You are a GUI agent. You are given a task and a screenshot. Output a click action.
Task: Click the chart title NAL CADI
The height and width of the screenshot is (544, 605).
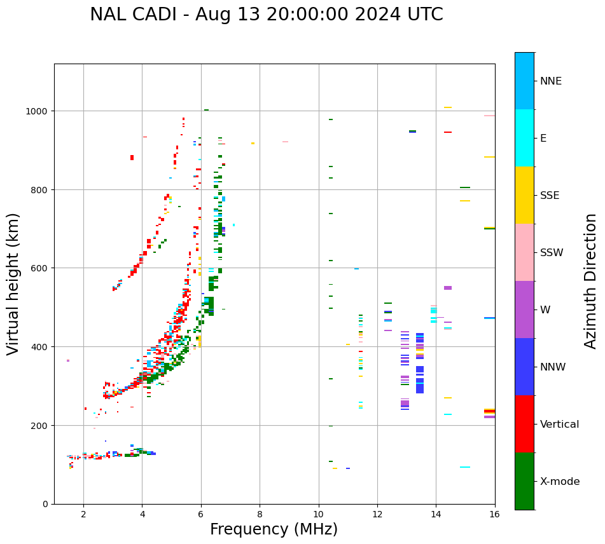(x=266, y=15)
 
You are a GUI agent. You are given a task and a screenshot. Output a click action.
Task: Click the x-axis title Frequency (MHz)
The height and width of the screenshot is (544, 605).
(x=274, y=529)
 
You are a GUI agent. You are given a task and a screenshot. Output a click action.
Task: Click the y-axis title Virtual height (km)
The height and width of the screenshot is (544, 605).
(x=13, y=284)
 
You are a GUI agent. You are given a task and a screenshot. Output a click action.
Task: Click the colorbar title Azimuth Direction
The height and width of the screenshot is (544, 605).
(x=591, y=281)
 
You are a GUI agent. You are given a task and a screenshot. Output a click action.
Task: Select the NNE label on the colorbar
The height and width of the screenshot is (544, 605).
(x=551, y=81)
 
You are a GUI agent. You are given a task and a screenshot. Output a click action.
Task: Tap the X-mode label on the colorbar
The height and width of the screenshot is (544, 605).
(x=560, y=482)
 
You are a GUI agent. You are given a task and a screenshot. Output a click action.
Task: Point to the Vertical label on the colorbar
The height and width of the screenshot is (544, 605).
(x=560, y=425)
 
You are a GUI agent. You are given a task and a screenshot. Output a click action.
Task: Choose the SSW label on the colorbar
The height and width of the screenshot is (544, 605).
(x=552, y=253)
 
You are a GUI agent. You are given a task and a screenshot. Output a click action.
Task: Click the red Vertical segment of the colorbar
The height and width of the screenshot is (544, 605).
(x=524, y=424)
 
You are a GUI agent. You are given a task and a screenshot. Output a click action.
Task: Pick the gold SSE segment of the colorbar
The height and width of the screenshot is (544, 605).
(x=524, y=195)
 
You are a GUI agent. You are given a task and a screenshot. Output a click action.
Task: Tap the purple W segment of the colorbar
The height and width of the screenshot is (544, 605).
(x=524, y=309)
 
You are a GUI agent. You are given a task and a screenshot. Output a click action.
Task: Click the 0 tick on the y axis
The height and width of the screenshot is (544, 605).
(x=45, y=504)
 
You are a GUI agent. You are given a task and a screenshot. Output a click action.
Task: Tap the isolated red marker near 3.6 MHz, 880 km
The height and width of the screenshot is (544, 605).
(x=132, y=158)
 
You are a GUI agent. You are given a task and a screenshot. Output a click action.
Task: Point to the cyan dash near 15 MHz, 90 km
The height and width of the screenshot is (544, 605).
(x=465, y=467)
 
